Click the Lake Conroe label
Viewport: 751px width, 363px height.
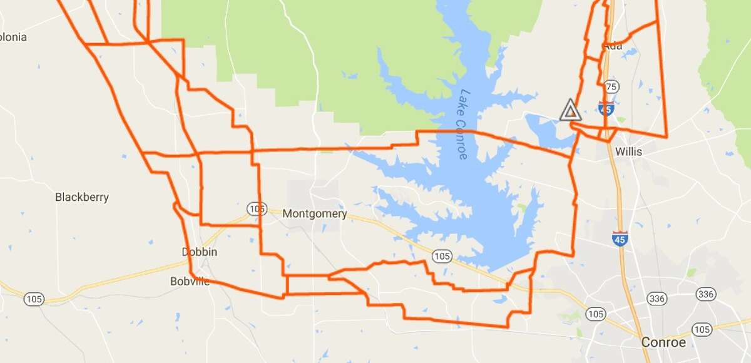coord(463,124)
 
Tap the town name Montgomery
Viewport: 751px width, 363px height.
coord(315,213)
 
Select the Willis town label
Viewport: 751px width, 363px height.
coord(629,151)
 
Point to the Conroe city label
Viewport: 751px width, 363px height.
coord(663,342)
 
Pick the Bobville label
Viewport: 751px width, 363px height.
coord(190,282)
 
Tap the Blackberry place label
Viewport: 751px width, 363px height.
coord(82,197)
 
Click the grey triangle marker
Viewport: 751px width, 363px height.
coord(570,110)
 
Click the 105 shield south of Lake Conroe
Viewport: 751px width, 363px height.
coord(442,255)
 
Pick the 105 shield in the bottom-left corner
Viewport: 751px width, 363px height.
coord(34,300)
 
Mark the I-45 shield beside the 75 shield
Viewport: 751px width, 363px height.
coord(605,108)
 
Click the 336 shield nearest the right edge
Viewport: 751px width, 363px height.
coord(705,294)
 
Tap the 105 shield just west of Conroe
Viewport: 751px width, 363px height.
coord(595,312)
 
